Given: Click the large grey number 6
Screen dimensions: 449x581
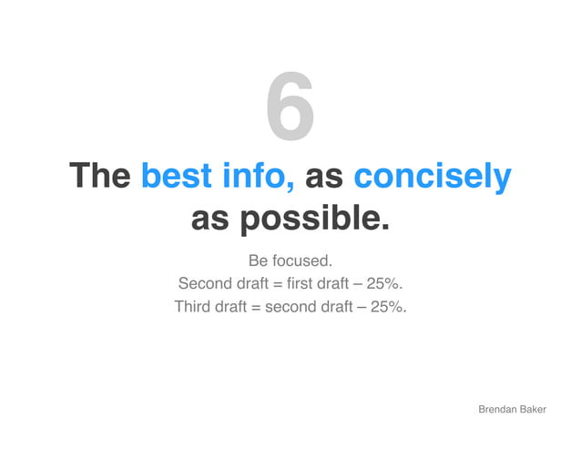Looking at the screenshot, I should (290, 109).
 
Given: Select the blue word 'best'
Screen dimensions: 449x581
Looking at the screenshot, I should (177, 176).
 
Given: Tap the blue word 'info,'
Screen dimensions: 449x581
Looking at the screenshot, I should (254, 176).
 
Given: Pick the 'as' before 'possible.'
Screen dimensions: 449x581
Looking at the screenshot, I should (209, 219).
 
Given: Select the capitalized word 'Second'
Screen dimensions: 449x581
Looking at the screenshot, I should (206, 283).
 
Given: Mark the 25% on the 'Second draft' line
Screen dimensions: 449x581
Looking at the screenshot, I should (382, 283).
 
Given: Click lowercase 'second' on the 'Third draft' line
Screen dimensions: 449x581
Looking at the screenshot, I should (289, 306).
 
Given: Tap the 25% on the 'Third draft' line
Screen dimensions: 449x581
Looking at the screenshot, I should (387, 306).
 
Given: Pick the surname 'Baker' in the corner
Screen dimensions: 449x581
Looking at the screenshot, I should (533, 411).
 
